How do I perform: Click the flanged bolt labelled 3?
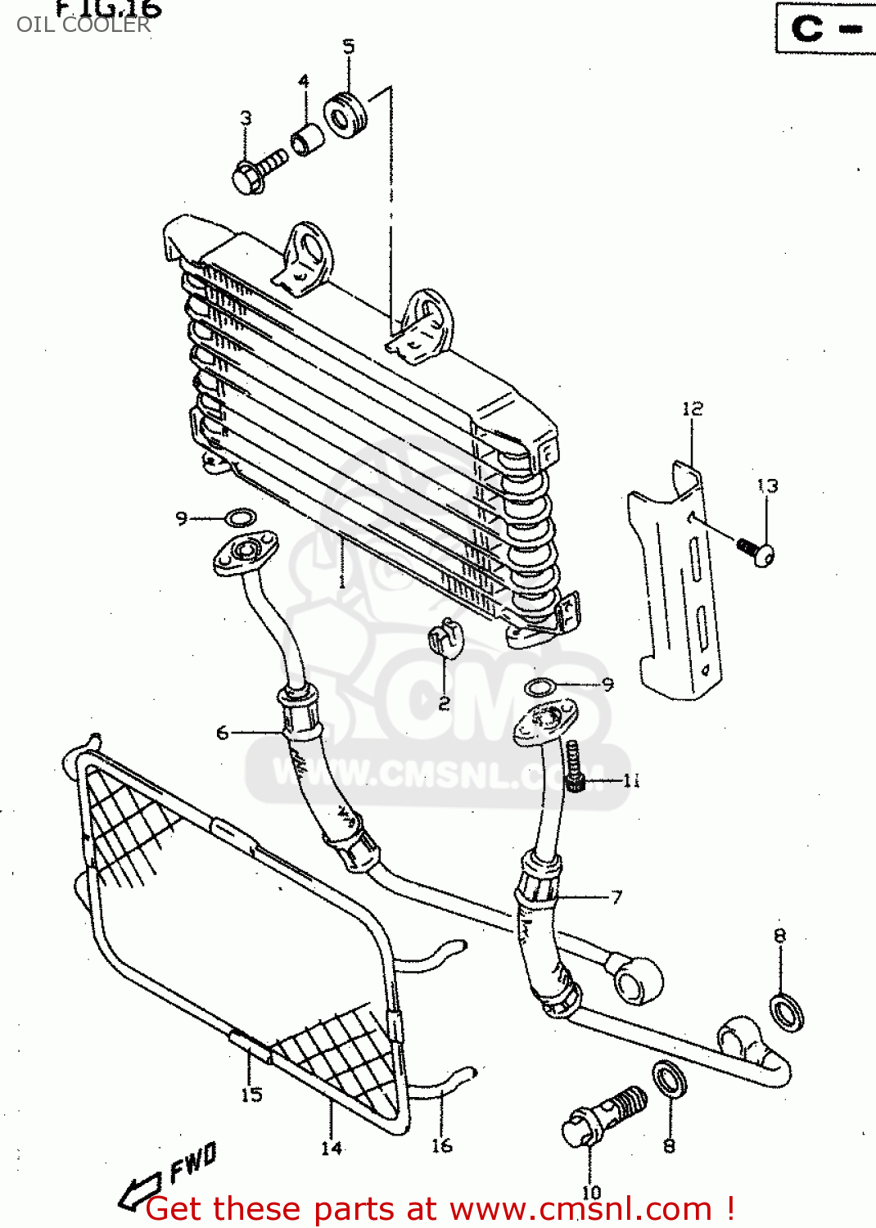tap(257, 170)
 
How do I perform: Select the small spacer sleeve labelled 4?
tap(308, 138)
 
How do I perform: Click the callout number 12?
tap(693, 409)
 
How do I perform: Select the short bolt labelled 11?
tap(575, 765)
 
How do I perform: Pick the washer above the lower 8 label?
tap(669, 1080)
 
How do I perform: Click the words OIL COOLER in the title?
tap(84, 25)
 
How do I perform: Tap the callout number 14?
tap(331, 1149)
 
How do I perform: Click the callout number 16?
tap(442, 1145)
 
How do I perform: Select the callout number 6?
tap(223, 733)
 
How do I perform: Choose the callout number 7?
tap(616, 897)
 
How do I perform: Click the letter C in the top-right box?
tap(806, 29)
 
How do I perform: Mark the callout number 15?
tap(252, 1095)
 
